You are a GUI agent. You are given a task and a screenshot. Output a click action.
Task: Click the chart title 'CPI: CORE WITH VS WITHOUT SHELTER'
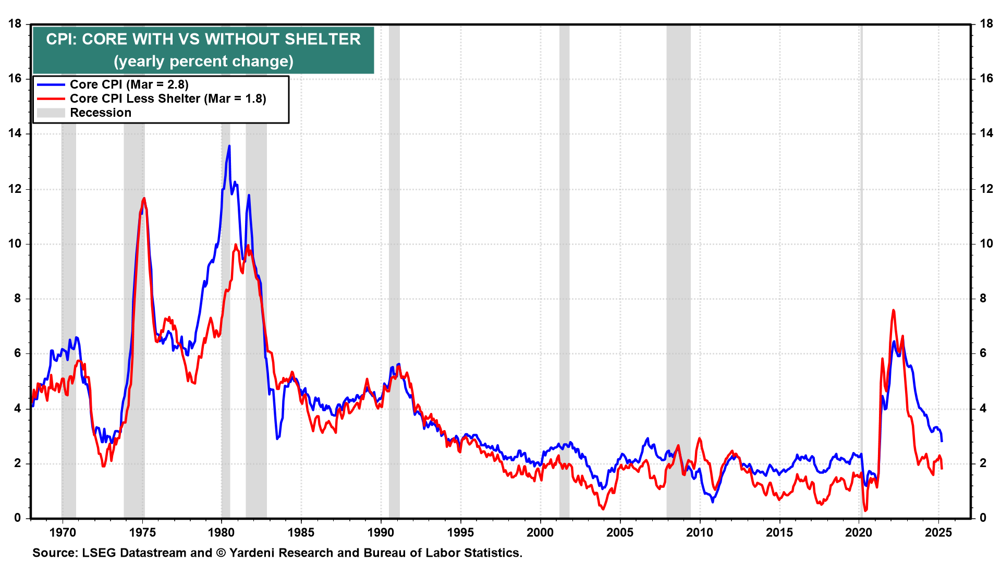tap(203, 39)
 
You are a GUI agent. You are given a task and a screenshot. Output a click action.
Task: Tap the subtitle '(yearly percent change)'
tap(203, 62)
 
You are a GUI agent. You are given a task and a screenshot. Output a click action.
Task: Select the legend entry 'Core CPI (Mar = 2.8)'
tap(129, 84)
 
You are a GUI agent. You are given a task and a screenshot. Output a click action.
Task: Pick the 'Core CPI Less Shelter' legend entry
tap(168, 99)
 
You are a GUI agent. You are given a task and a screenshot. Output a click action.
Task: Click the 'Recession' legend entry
tap(101, 113)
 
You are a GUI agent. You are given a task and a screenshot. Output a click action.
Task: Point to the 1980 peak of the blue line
tap(229, 146)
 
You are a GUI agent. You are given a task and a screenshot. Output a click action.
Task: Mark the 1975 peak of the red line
tap(144, 198)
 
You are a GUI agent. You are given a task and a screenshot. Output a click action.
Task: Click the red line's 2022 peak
tap(894, 310)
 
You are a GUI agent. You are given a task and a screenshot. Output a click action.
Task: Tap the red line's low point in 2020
tap(865, 511)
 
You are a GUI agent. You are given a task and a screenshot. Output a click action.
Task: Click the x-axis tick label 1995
tap(460, 533)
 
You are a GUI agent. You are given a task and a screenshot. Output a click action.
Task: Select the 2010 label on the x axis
tap(699, 533)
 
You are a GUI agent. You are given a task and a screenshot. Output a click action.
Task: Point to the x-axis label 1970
tap(63, 533)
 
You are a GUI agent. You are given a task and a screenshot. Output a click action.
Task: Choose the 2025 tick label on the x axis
tap(938, 533)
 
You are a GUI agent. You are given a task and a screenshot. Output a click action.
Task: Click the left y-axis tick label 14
tap(15, 133)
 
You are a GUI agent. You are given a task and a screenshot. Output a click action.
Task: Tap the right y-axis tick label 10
tap(986, 244)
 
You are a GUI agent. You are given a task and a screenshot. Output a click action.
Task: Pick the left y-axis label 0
tap(18, 518)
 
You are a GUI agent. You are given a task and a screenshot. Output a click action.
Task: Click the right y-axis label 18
tap(986, 24)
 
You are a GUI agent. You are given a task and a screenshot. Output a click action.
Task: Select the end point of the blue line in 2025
tap(942, 441)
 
